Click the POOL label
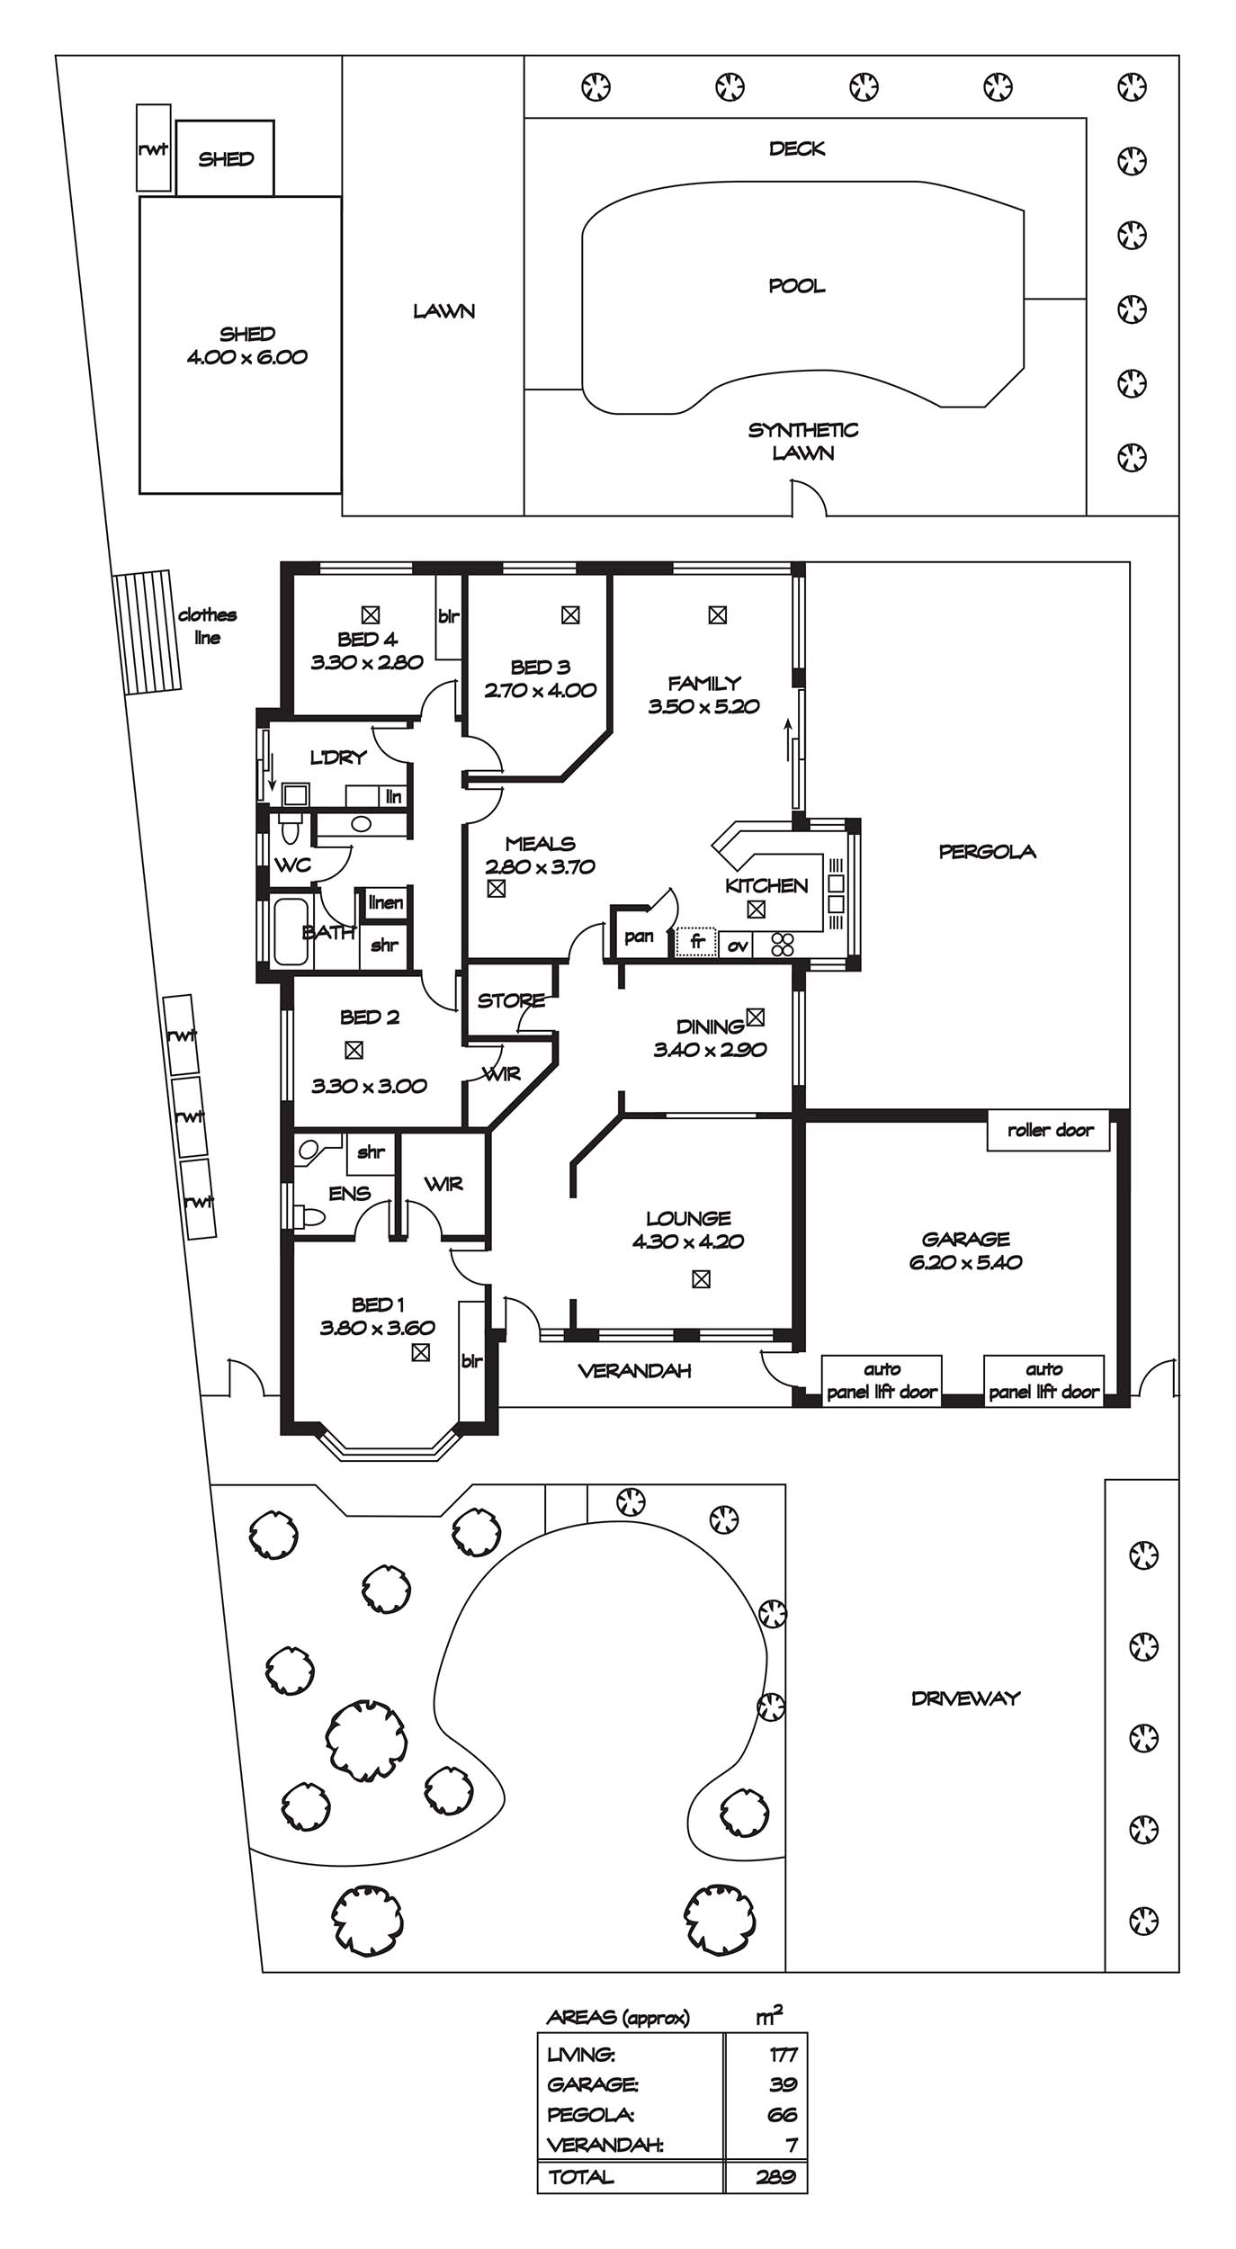pyautogui.click(x=797, y=286)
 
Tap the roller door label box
pyautogui.click(x=1049, y=1130)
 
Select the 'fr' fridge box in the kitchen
pyautogui.click(x=696, y=942)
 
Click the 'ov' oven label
pyautogui.click(x=738, y=945)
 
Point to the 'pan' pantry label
pyautogui.click(x=639, y=936)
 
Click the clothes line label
pyautogui.click(x=207, y=626)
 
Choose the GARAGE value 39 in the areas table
pyautogui.click(x=783, y=2084)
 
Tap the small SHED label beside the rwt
pyautogui.click(x=226, y=159)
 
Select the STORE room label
pyautogui.click(x=511, y=1000)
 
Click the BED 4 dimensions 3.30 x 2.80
pyautogui.click(x=367, y=663)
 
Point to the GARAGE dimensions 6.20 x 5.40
pyautogui.click(x=965, y=1262)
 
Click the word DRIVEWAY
pyautogui.click(x=965, y=1698)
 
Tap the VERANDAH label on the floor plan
pyautogui.click(x=634, y=1371)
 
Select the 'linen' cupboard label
pyautogui.click(x=385, y=902)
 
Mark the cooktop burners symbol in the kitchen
pyautogui.click(x=783, y=944)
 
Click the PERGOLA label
pyautogui.click(x=987, y=851)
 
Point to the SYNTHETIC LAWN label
pyautogui.click(x=803, y=442)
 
